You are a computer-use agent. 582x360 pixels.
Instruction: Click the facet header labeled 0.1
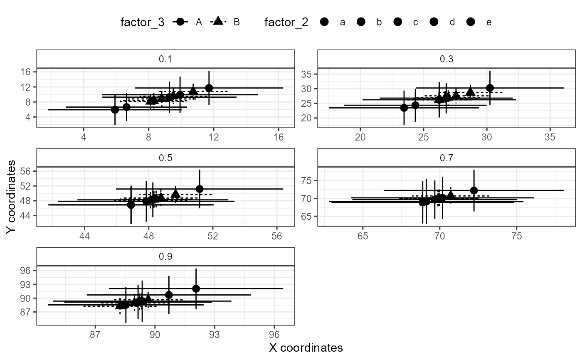click(x=165, y=59)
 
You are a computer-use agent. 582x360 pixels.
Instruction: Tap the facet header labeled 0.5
click(x=165, y=158)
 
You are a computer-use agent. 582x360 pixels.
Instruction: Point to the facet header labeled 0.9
click(x=165, y=257)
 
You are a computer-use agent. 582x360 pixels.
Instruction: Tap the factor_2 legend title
click(x=286, y=22)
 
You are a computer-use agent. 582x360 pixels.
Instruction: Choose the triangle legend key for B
click(x=219, y=22)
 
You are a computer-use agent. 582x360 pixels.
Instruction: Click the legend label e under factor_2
click(x=489, y=22)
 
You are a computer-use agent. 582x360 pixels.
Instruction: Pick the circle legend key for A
click(x=180, y=22)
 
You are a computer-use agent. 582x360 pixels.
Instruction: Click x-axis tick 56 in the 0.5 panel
click(x=277, y=234)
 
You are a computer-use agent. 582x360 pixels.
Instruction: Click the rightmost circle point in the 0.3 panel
click(x=490, y=88)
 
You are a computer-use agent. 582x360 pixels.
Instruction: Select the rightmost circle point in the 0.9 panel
click(x=196, y=288)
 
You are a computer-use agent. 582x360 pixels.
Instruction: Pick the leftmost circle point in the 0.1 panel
click(x=115, y=110)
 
